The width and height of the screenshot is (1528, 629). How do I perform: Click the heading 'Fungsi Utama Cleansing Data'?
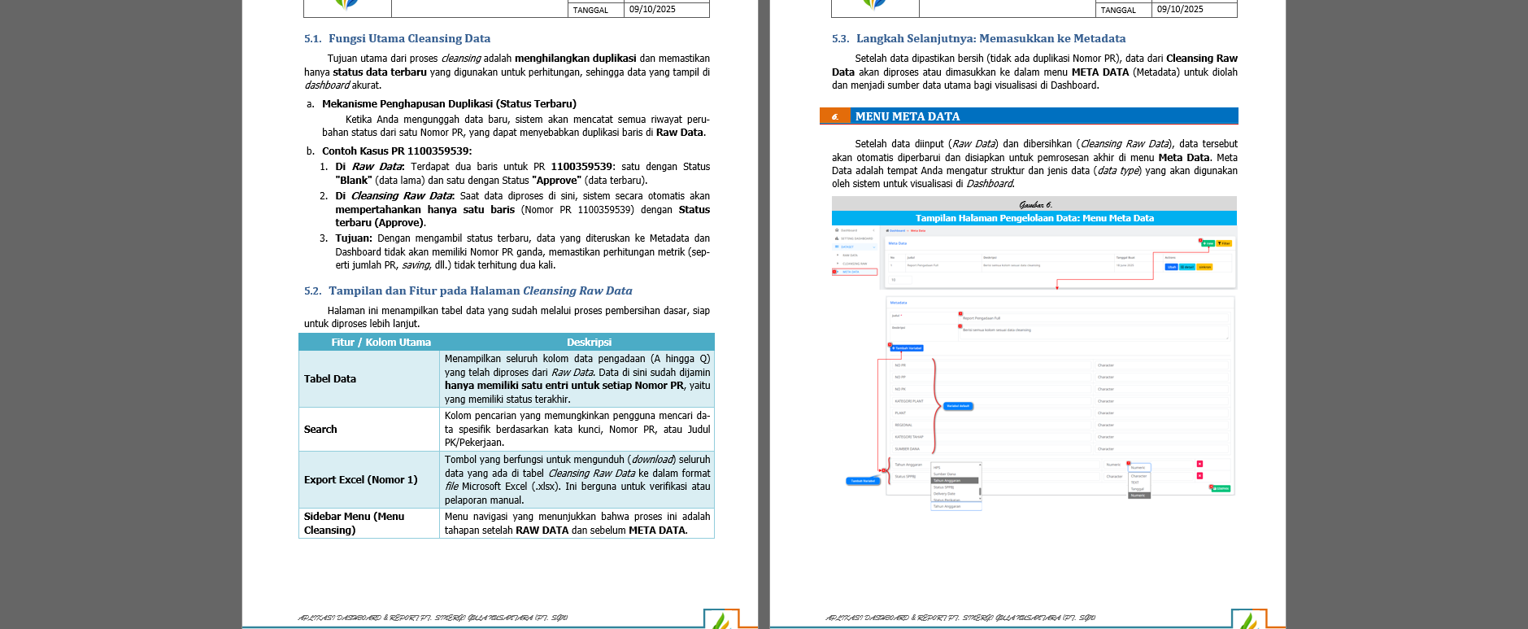[x=409, y=38]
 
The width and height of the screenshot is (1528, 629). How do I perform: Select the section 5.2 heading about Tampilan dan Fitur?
[x=480, y=290]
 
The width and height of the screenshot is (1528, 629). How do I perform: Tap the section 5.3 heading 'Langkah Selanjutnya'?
[x=990, y=38]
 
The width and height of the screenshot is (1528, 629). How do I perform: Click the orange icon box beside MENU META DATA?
[x=834, y=116]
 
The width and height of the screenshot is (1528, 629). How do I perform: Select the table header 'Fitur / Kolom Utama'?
[x=381, y=343]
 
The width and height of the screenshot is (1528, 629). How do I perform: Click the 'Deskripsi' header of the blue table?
[x=589, y=343]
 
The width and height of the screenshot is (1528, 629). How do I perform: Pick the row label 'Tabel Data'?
[x=329, y=379]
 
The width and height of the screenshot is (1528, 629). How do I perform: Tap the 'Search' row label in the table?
[x=320, y=430]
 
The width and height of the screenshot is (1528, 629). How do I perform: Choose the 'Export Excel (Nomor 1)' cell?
[x=360, y=480]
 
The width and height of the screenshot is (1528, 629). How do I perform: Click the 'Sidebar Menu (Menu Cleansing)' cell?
[x=354, y=523]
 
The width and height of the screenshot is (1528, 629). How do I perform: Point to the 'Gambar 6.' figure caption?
[x=1034, y=204]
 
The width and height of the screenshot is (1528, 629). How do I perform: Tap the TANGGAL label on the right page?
[x=1118, y=10]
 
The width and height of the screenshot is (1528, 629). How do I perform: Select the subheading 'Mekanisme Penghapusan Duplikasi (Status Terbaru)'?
[x=449, y=104]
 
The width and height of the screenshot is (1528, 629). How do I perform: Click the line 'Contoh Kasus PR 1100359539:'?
[x=396, y=151]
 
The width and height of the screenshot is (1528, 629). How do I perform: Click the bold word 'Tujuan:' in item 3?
[x=354, y=238]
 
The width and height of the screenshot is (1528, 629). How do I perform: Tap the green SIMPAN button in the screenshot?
[x=1221, y=489]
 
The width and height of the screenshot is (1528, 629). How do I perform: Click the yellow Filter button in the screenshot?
[x=1225, y=243]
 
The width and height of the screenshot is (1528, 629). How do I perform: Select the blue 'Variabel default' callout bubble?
[x=958, y=406]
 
